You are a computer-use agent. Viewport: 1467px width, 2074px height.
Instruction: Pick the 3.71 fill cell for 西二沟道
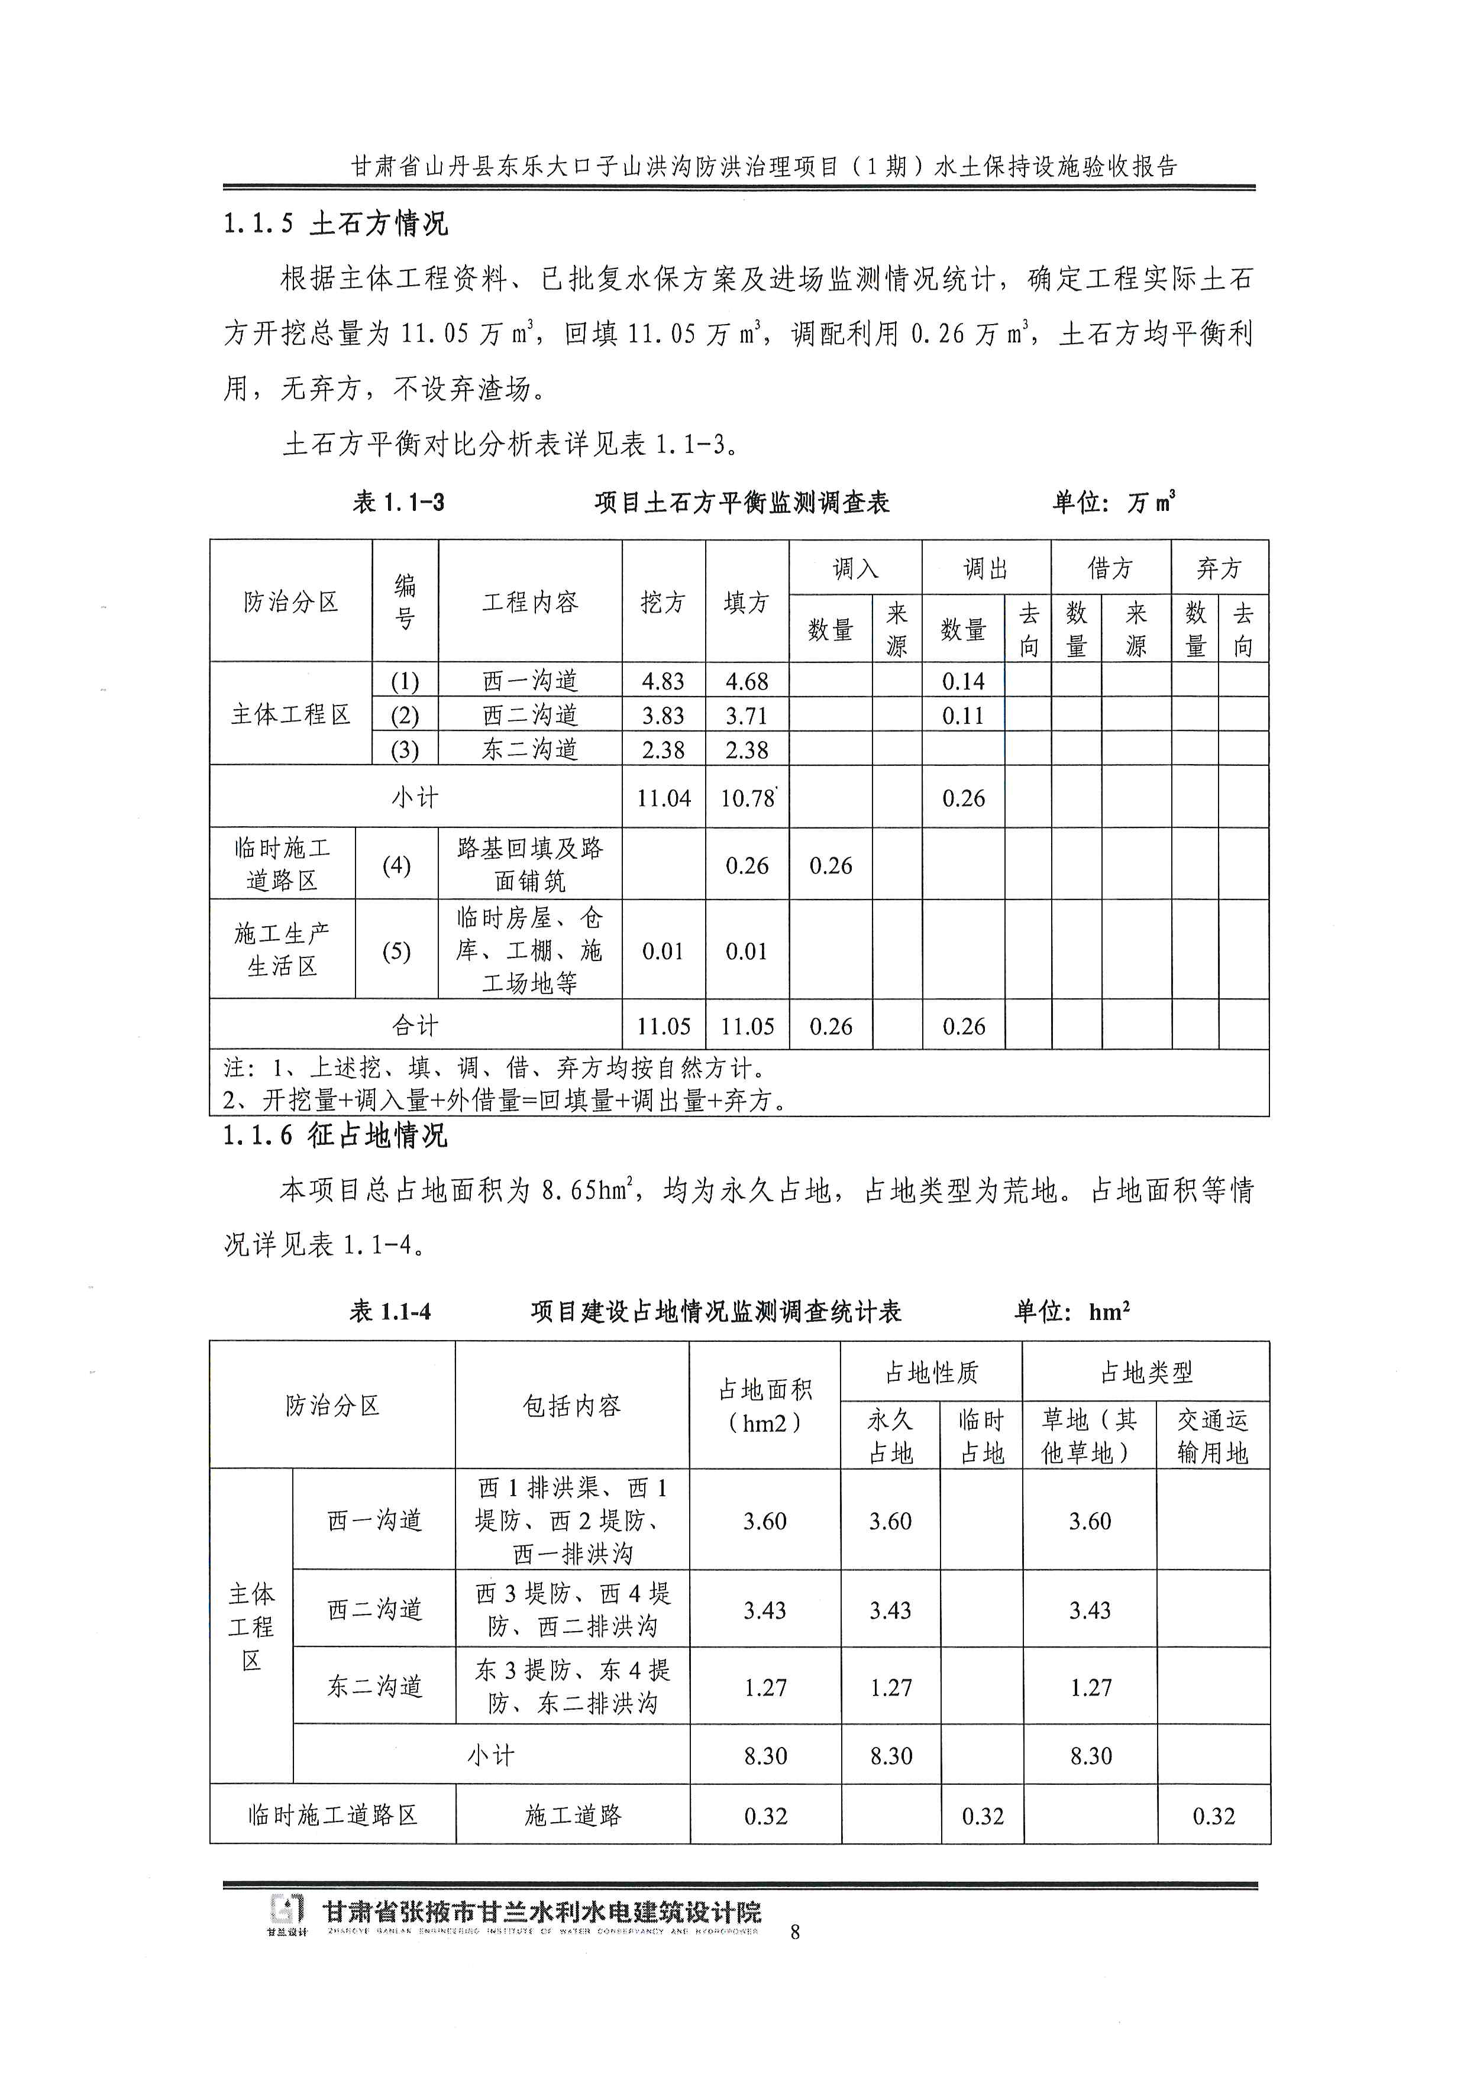click(746, 716)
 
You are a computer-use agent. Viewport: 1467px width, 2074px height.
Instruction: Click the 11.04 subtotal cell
click(663, 798)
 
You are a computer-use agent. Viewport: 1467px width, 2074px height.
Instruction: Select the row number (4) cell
click(396, 865)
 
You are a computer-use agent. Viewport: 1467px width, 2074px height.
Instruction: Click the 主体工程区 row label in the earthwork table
click(290, 714)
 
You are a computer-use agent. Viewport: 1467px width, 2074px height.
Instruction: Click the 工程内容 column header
click(529, 601)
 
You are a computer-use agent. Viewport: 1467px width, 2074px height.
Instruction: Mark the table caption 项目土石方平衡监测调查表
click(742, 502)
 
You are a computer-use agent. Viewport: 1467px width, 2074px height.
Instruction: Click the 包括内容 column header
click(572, 1406)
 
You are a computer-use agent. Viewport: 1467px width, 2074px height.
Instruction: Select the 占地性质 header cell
click(930, 1373)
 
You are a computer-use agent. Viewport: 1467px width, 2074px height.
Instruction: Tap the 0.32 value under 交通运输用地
click(1213, 1816)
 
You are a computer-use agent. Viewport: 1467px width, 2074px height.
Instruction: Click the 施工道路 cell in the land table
click(573, 1816)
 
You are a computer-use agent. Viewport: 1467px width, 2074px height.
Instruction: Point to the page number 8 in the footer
click(795, 1932)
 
